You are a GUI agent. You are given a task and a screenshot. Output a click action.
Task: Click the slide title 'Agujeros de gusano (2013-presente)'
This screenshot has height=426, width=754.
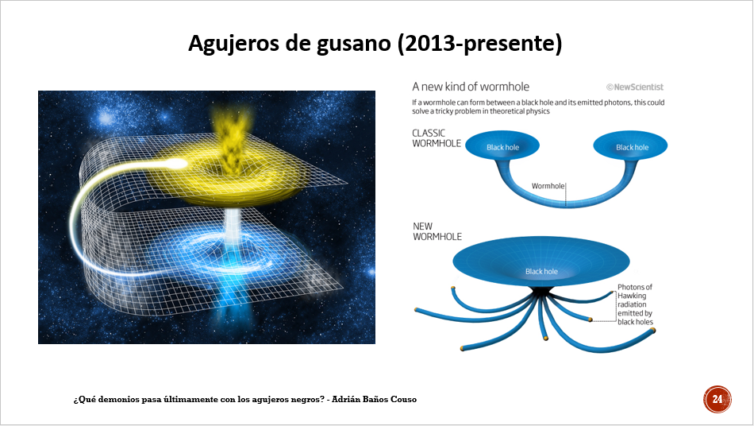click(375, 44)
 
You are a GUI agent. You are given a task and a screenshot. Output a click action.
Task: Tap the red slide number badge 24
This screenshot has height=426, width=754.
click(717, 399)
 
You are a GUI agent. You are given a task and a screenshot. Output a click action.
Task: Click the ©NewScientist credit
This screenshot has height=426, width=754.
click(635, 87)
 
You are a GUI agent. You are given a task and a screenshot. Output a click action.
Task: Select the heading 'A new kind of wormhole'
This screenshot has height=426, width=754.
click(471, 87)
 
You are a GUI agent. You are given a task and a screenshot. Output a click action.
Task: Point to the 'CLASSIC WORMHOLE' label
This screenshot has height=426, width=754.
click(437, 138)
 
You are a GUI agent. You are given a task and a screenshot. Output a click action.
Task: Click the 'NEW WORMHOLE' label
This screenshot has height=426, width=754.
click(437, 231)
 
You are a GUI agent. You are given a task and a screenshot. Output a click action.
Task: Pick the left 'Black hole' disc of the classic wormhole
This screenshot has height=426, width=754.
click(502, 145)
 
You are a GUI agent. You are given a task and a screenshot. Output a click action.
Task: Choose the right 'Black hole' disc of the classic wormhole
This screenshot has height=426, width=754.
click(630, 145)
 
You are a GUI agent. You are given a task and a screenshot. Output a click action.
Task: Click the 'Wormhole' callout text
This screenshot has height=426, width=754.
click(548, 186)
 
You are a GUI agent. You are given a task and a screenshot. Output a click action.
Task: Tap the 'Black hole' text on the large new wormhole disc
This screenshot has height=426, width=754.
click(541, 272)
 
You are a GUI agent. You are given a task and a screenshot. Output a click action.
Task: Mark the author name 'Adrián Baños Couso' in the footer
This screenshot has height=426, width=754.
click(374, 399)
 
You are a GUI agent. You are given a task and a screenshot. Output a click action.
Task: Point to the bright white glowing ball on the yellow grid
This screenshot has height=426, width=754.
click(179, 164)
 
